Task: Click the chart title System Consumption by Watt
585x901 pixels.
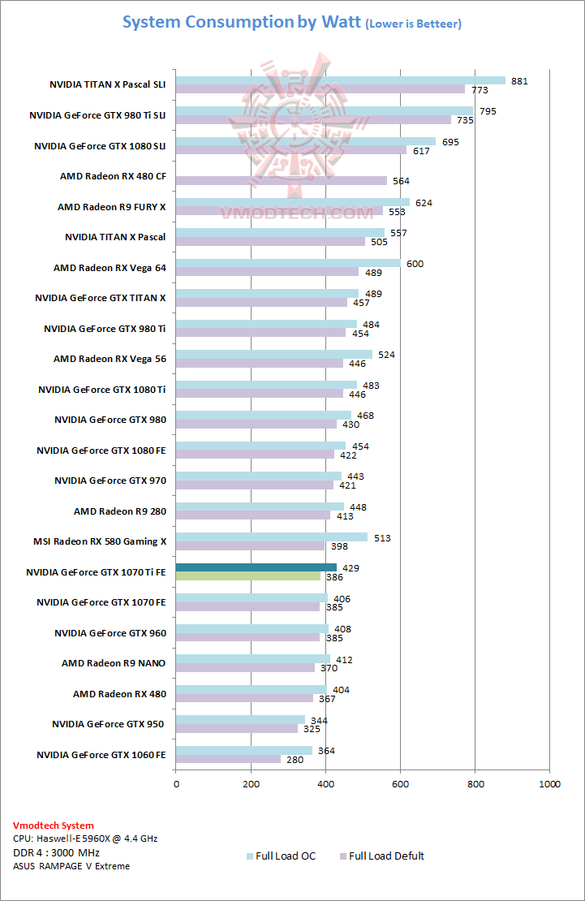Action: coord(241,22)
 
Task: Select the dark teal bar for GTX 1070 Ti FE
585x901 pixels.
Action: coord(256,567)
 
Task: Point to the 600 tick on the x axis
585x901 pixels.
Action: coord(400,784)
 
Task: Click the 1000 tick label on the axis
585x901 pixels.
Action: coord(550,784)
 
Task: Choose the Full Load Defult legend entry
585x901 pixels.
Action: coord(386,856)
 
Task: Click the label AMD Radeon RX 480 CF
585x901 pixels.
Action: coord(113,176)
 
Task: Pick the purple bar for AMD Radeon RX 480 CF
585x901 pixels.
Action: coord(282,180)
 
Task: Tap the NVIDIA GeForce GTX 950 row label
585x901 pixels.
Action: coord(109,724)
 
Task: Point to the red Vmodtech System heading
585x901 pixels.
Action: coord(54,826)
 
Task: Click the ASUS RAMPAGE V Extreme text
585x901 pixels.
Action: coord(71,866)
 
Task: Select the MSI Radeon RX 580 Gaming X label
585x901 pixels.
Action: coord(100,541)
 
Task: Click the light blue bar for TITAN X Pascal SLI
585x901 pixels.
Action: coord(341,80)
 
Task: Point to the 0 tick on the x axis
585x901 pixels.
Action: coord(176,784)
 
